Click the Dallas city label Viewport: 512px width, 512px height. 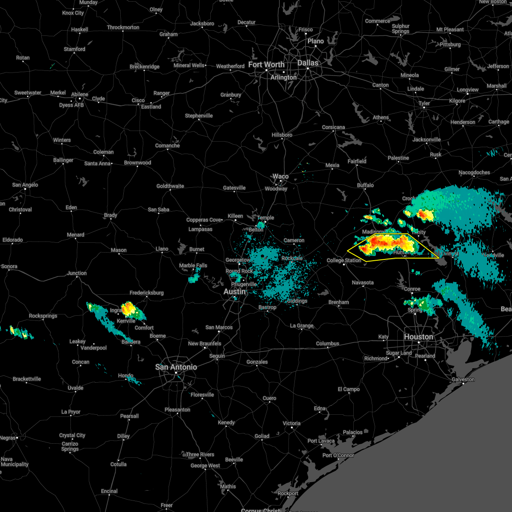[308, 63]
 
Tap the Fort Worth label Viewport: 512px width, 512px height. [266, 64]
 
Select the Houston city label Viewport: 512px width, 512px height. [418, 337]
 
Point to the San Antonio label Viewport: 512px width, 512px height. [176, 367]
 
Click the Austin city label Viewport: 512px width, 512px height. [235, 291]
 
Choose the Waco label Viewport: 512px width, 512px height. [280, 176]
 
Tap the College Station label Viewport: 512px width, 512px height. [344, 260]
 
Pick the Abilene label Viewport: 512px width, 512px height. [79, 94]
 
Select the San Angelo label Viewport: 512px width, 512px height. [25, 185]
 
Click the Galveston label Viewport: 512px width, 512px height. [463, 379]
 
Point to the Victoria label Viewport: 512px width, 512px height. [291, 423]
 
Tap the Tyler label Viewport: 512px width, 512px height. [424, 103]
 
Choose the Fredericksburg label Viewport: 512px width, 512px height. [146, 293]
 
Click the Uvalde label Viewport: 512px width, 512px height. [76, 388]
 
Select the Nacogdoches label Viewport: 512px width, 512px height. [474, 172]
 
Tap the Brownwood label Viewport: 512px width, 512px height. [137, 163]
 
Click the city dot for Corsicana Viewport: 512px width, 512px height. [334, 131]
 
